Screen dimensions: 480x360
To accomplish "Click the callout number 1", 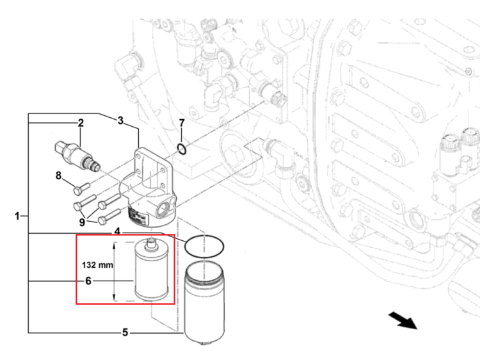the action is (17, 217).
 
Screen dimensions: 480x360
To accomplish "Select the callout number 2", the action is (81, 123).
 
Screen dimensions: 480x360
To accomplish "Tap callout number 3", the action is (120, 120).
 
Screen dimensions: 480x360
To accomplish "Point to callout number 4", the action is (117, 231).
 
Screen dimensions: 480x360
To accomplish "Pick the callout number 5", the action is (125, 332).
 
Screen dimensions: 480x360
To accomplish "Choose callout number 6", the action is (88, 281).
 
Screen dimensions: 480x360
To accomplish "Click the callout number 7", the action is (182, 123).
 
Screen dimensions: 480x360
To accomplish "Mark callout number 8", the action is (58, 176).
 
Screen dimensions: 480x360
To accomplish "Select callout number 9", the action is (82, 222).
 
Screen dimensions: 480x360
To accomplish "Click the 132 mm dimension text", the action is (98, 265).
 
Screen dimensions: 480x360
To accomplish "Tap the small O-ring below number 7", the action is (182, 149).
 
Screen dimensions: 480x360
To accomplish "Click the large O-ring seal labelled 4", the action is (204, 247).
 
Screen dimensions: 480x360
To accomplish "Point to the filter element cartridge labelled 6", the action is (152, 269).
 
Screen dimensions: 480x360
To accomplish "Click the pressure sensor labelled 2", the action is (77, 155).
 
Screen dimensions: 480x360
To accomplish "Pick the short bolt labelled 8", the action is (81, 188).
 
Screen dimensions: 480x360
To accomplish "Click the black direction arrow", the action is (403, 321).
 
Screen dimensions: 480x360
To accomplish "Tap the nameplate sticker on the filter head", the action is (138, 216).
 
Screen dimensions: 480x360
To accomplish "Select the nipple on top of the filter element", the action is (151, 243).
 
